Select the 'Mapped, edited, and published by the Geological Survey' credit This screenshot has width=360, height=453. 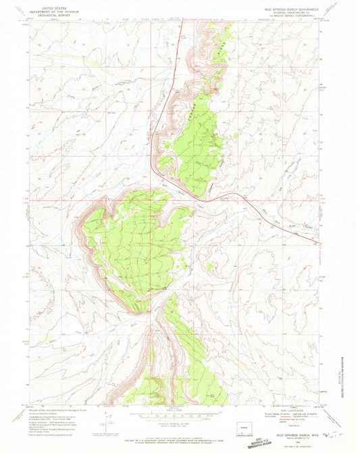click(61, 410)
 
